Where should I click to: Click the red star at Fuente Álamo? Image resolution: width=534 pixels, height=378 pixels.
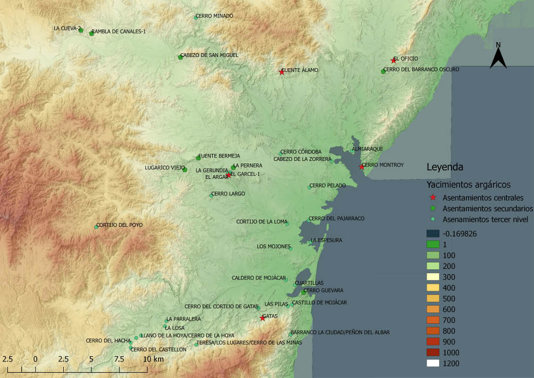[281, 72]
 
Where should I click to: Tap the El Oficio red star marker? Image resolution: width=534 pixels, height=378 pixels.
[394, 61]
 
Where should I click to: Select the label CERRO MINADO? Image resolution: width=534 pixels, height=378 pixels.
[214, 16]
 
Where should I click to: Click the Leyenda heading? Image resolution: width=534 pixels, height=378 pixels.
[445, 167]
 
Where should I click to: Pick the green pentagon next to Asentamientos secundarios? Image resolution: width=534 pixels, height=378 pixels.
[433, 208]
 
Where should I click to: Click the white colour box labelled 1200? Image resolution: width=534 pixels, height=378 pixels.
[433, 363]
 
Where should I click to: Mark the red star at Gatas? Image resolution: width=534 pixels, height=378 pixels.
[262, 318]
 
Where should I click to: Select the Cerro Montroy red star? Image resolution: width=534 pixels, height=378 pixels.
[361, 167]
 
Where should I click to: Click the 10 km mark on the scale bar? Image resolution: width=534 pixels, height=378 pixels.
[148, 360]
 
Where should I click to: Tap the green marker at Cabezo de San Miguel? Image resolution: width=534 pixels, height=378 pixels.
[180, 57]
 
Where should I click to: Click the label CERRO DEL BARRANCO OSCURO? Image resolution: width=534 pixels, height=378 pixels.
[421, 69]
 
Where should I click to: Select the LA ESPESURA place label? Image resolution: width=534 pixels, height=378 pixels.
[326, 240]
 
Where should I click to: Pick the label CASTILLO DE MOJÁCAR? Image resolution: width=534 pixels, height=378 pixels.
[319, 302]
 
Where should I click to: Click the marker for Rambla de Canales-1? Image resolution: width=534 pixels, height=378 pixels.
[91, 33]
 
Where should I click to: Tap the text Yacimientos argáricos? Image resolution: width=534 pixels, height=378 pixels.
[469, 185]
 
